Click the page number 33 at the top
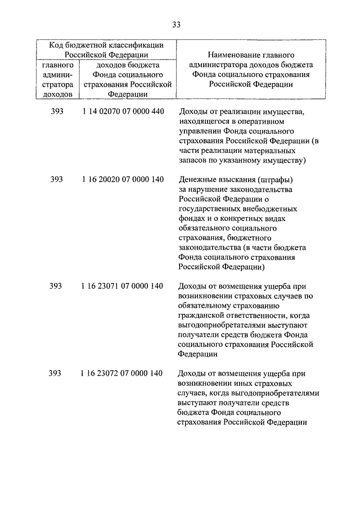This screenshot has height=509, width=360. [177, 25]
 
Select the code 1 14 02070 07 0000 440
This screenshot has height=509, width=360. [123, 111]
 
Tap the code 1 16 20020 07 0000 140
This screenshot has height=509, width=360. [123, 179]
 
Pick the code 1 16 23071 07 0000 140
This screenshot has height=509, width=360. [123, 286]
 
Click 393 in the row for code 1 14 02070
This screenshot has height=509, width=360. [56, 111]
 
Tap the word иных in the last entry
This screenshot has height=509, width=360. [242, 383]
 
